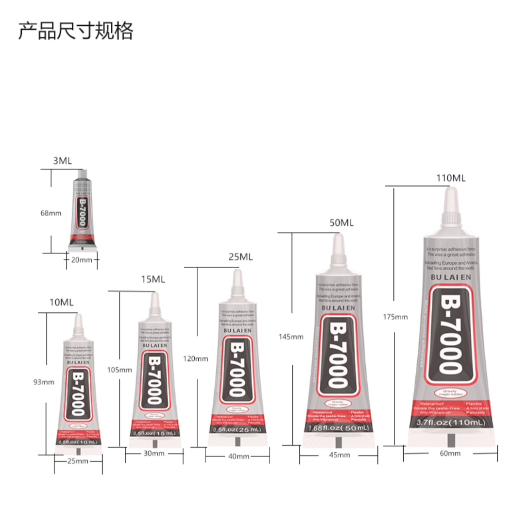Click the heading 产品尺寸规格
pos(76,31)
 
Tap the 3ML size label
pos(62,161)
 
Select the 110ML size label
pos(450,178)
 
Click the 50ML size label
pos(341,223)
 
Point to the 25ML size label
pos(240,257)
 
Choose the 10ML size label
pos(61,303)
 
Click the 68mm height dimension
pos(51,213)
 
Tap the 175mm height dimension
pos(396,317)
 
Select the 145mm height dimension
pos(291,336)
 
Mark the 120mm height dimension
pos(196,358)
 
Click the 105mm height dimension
pos(119,370)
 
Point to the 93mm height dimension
pos(44,382)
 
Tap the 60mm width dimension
pos(450,453)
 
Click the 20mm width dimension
pos(81,260)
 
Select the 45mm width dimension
pos(340,455)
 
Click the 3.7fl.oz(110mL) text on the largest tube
pos(451,424)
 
